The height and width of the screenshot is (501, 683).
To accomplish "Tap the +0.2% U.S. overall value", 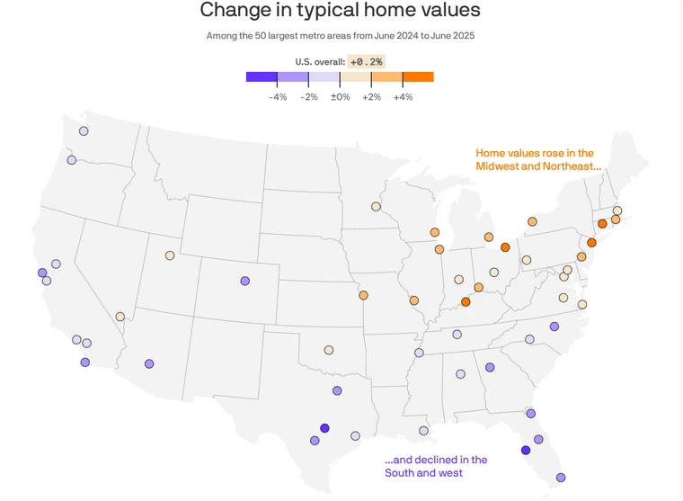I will (x=366, y=61).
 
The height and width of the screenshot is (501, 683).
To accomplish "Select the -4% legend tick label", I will (x=278, y=96).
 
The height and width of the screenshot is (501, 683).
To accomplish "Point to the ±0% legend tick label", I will (x=340, y=96).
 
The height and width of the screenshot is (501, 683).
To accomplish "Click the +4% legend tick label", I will (x=403, y=96).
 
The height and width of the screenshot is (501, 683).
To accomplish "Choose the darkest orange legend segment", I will (x=418, y=76).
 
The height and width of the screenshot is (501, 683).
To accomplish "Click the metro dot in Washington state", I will (x=84, y=131).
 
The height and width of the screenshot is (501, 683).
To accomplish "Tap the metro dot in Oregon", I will (x=72, y=160).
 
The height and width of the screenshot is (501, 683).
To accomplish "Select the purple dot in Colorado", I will (x=244, y=281).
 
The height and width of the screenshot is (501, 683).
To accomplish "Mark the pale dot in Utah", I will (x=169, y=255).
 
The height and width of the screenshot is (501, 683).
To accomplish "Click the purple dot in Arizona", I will (x=149, y=364).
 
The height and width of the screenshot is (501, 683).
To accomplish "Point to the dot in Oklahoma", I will (x=329, y=350).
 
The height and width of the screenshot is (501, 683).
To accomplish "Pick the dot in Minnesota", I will (x=376, y=207).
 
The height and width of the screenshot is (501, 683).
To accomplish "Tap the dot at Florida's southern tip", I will (x=561, y=478).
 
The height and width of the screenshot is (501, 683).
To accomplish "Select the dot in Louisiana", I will (x=423, y=433).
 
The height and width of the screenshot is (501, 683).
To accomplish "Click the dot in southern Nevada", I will (x=120, y=317).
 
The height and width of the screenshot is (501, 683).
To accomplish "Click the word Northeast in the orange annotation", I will (x=568, y=167).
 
